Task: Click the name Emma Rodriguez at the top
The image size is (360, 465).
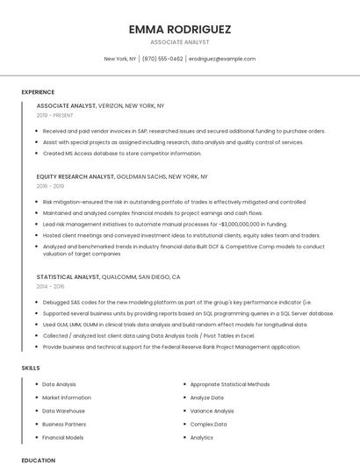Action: [179, 29]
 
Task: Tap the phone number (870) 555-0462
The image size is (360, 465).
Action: [162, 59]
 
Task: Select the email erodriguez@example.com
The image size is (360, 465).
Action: [222, 59]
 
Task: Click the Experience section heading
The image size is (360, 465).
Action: [38, 91]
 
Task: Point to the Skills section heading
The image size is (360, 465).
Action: [31, 368]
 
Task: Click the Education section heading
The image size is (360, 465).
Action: [38, 460]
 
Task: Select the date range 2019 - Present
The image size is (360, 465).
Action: [55, 115]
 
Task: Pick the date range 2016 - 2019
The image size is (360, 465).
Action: [50, 186]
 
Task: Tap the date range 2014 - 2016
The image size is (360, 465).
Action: [50, 286]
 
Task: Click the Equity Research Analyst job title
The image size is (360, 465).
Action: [76, 176]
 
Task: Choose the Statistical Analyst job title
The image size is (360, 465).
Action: [68, 276]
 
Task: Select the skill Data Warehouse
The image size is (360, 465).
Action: [63, 411]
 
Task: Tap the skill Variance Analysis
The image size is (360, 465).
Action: [212, 411]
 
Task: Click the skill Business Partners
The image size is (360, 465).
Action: [63, 424]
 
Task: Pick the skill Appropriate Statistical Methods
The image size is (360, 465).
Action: [229, 384]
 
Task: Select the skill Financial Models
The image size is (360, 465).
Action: [62, 437]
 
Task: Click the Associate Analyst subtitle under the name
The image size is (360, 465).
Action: [179, 42]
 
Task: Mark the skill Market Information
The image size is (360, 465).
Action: [66, 397]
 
